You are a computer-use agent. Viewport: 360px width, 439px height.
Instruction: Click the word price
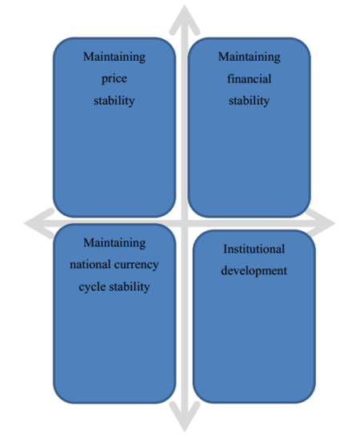pyautogui.click(x=114, y=79)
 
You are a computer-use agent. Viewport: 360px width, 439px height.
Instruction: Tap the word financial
pyautogui.click(x=249, y=78)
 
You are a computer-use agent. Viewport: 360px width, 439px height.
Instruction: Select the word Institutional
pyautogui.click(x=254, y=249)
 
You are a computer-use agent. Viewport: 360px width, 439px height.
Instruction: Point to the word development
pyautogui.click(x=254, y=271)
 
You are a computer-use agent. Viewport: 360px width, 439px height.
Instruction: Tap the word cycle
pyautogui.click(x=92, y=287)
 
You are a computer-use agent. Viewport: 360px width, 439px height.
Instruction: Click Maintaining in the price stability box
pyautogui.click(x=114, y=57)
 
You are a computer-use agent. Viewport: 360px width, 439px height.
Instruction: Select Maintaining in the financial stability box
pyautogui.click(x=249, y=57)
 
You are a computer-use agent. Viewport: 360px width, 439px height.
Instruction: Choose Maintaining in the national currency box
pyautogui.click(x=114, y=243)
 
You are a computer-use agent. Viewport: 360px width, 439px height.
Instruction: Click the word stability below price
pyautogui.click(x=114, y=101)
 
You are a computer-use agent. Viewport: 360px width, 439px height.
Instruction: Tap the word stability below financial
pyautogui.click(x=249, y=101)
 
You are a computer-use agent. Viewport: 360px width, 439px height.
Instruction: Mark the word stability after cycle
pyautogui.click(x=129, y=287)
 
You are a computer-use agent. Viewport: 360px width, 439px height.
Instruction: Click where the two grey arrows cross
pyautogui.click(x=184, y=223)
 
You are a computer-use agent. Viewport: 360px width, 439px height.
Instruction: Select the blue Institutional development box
pyautogui.click(x=254, y=317)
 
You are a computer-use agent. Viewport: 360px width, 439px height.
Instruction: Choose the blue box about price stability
pyautogui.click(x=114, y=127)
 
